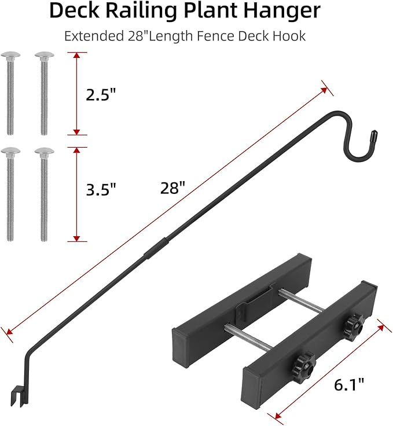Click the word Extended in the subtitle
pyautogui.click(x=91, y=36)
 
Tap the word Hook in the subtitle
pyautogui.click(x=290, y=36)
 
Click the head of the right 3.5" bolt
pyautogui.click(x=43, y=152)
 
